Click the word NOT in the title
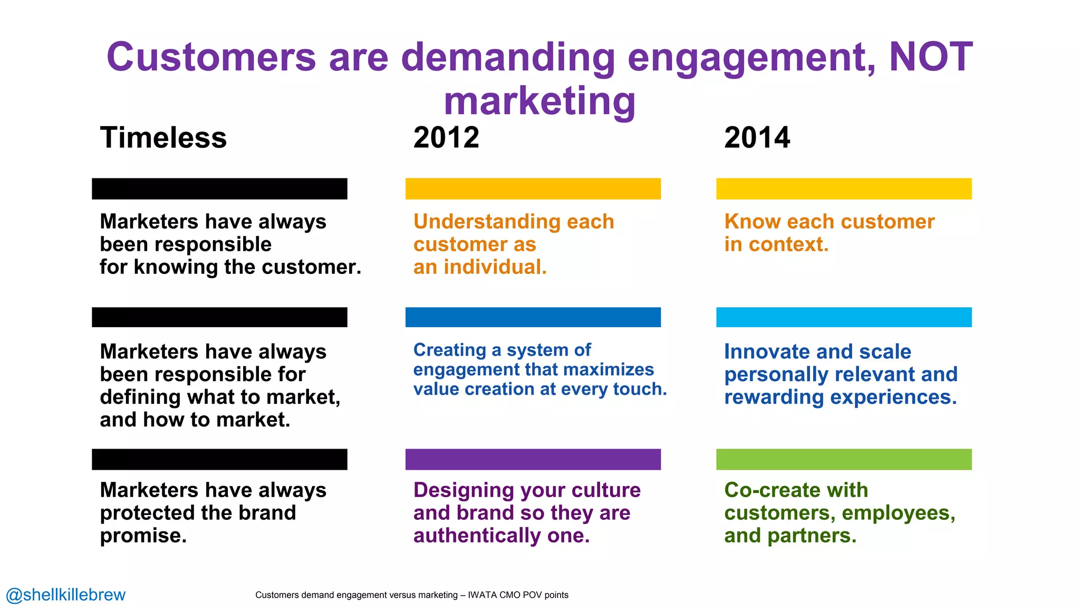[x=931, y=56]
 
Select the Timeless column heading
[x=163, y=138]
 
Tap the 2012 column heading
[x=446, y=138]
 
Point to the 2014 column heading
[x=757, y=138]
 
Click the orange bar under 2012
[x=533, y=189]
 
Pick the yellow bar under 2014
[x=844, y=189]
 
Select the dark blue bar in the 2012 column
[x=533, y=317]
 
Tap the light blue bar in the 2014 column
[x=844, y=317]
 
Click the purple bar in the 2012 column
[x=533, y=459]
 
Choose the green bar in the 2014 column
[x=844, y=459]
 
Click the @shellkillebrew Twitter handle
[x=66, y=595]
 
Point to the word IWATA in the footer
[x=483, y=595]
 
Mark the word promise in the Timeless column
[x=142, y=536]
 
